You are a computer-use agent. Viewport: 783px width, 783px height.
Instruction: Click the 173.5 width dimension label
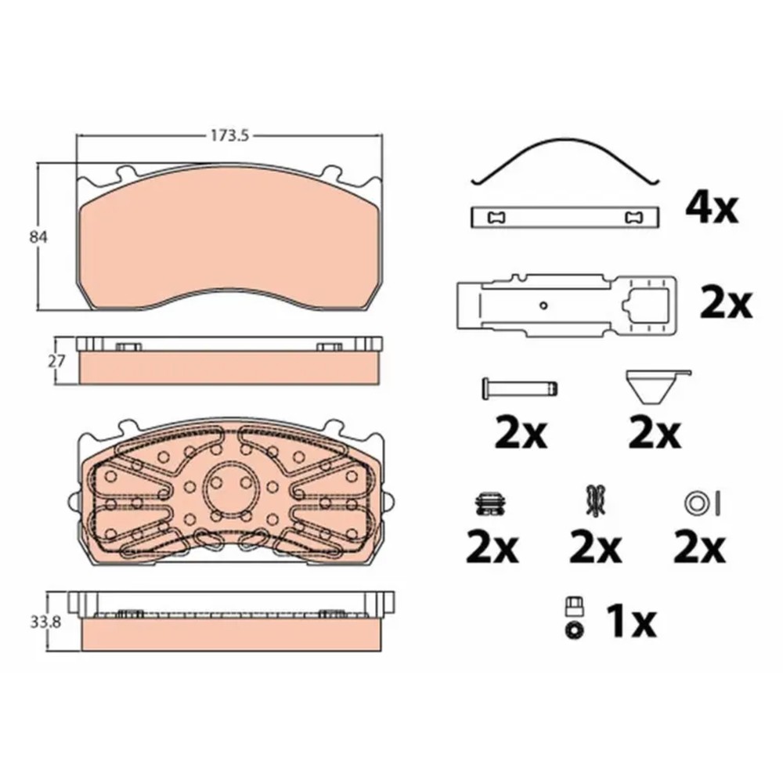pos(229,135)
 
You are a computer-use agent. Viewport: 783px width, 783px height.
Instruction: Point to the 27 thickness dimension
pos(56,360)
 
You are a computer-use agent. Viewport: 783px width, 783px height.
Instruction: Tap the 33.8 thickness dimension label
pos(45,622)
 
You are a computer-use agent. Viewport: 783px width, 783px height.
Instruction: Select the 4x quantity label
pos(711,208)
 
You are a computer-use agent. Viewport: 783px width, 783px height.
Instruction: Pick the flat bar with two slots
pos(565,218)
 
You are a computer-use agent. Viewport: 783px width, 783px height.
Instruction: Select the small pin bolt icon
pos(519,388)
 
